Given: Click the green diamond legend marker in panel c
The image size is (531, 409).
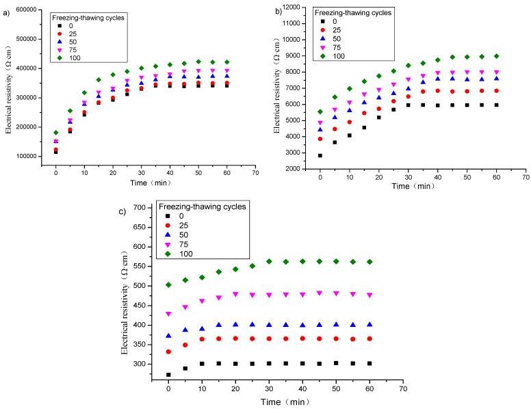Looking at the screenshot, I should pos(168,254).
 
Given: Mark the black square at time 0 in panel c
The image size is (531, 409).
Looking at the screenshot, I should pos(168,375).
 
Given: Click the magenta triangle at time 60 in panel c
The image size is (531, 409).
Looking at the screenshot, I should pos(389,295).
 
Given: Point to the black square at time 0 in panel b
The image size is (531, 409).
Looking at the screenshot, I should pos(320,155).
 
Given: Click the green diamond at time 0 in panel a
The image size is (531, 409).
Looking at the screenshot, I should pos(56,133).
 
